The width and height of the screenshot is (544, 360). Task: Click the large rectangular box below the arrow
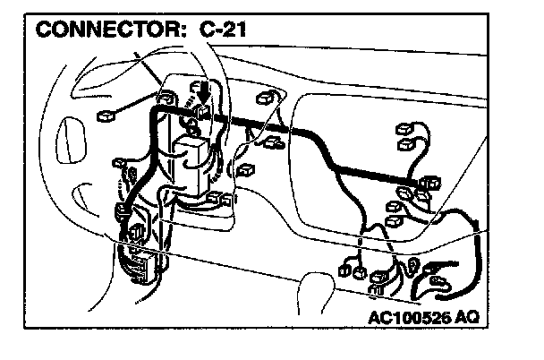[x=193, y=154]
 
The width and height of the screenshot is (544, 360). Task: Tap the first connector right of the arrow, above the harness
[x=264, y=99]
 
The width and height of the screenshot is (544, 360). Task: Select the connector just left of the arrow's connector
[x=167, y=96]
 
